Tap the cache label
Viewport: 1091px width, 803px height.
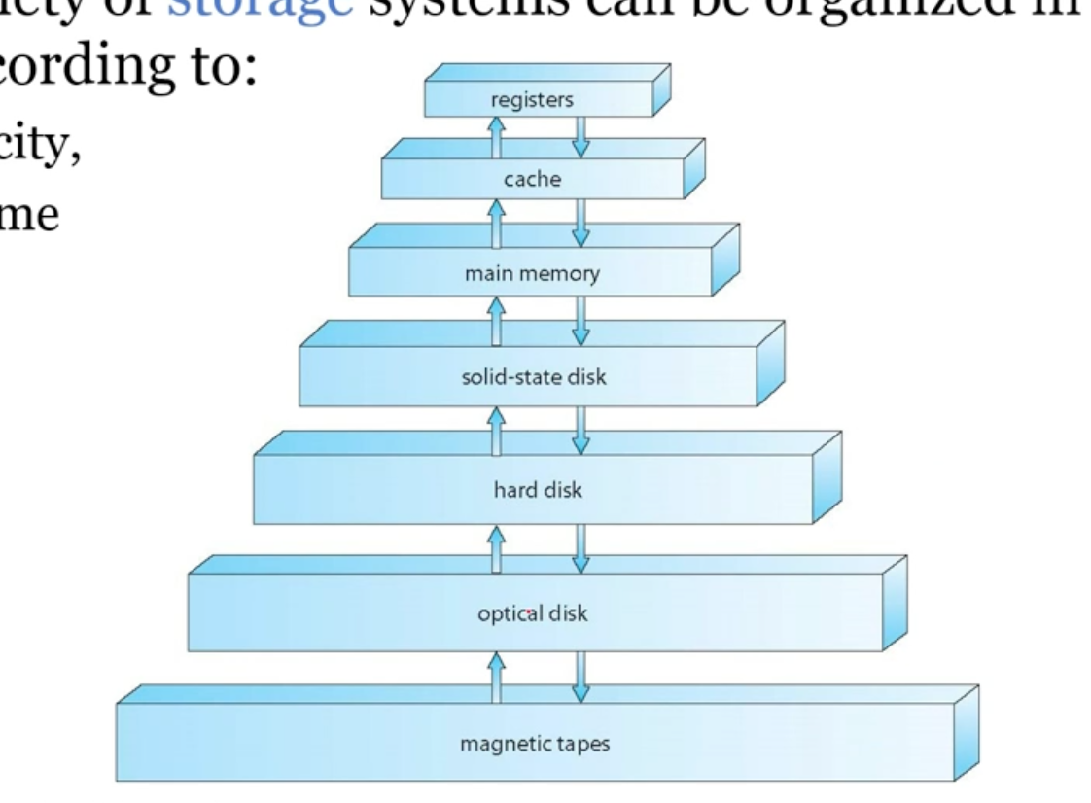(x=534, y=180)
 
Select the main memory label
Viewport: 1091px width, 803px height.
(x=533, y=273)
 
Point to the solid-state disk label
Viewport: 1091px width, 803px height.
(x=533, y=376)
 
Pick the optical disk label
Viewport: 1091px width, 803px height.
(x=533, y=613)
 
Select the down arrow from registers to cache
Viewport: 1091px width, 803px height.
(x=581, y=136)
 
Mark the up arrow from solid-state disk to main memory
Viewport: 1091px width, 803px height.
(x=496, y=320)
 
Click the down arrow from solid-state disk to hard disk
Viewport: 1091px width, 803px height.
(x=581, y=430)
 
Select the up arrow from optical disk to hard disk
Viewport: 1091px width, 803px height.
(x=496, y=550)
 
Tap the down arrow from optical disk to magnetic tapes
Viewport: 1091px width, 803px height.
(x=581, y=677)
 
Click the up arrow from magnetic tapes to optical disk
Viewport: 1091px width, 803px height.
(x=496, y=677)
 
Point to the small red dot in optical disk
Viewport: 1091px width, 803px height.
(x=528, y=614)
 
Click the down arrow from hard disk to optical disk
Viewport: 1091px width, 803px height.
(x=581, y=550)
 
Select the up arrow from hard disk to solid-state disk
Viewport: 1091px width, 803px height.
(x=496, y=430)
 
